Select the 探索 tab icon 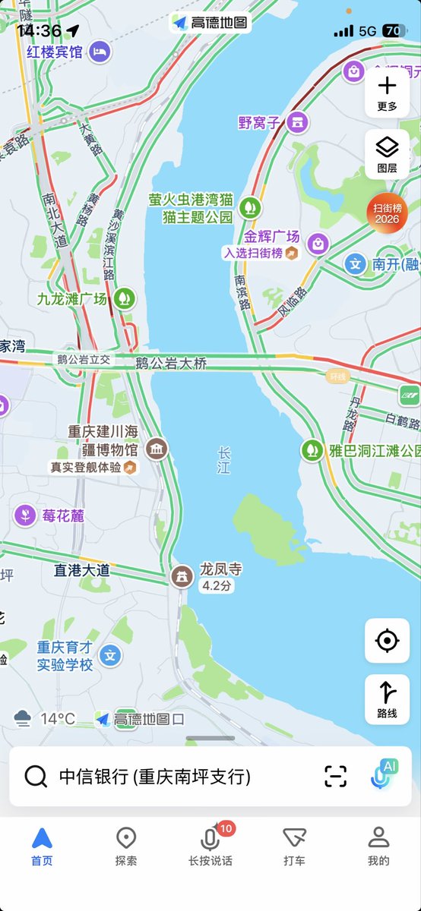pyautogui.click(x=126, y=839)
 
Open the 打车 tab pyautogui.click(x=294, y=839)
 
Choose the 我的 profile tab pyautogui.click(x=378, y=839)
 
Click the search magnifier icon pyautogui.click(x=36, y=777)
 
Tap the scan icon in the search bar pyautogui.click(x=335, y=777)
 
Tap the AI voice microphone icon pyautogui.click(x=384, y=776)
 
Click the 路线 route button pyautogui.click(x=387, y=698)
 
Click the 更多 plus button pyautogui.click(x=387, y=91)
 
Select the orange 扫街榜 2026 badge pyautogui.click(x=387, y=213)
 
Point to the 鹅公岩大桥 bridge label pyautogui.click(x=171, y=363)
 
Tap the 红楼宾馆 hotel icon pyautogui.click(x=100, y=52)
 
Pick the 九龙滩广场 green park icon pyautogui.click(x=125, y=298)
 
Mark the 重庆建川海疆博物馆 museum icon pyautogui.click(x=157, y=449)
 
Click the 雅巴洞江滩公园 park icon pyautogui.click(x=311, y=449)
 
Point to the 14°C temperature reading pyautogui.click(x=58, y=718)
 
